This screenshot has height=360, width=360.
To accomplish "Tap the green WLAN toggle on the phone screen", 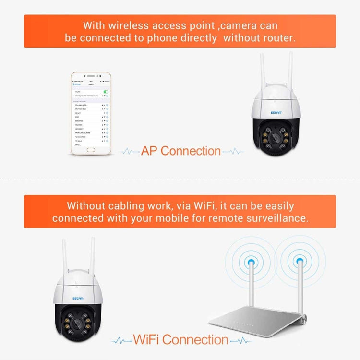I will (x=106, y=90).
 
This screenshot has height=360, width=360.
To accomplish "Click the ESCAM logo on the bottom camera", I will (x=78, y=298).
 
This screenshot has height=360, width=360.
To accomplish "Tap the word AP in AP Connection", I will (x=149, y=151).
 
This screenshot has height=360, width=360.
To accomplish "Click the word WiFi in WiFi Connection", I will (x=147, y=340).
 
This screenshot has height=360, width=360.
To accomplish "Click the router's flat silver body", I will (x=269, y=322).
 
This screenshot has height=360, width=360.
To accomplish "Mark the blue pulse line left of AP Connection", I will (x=128, y=151).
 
